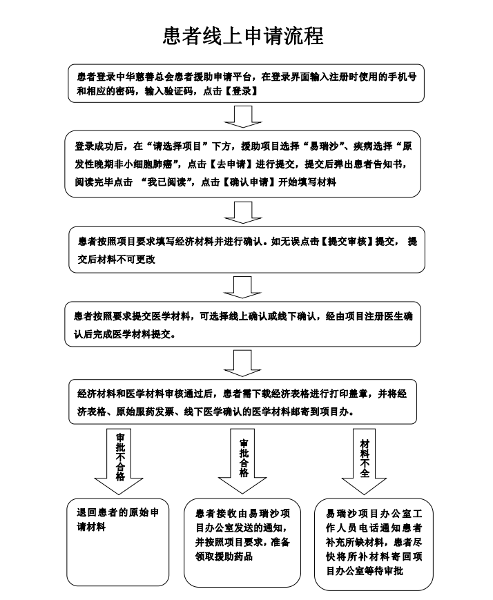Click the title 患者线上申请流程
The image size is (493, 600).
(243, 37)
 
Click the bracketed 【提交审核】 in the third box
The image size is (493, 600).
(347, 242)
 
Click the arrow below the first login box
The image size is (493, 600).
(243, 117)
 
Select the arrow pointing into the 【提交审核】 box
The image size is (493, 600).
(243, 213)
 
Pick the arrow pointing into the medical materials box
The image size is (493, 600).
(242, 287)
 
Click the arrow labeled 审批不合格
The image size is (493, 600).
(119, 461)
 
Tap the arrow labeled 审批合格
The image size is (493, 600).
(242, 461)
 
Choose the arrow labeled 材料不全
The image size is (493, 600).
(364, 461)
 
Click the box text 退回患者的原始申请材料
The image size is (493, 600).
(118, 520)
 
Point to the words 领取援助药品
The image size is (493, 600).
(224, 557)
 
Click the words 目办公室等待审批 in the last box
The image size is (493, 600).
(365, 571)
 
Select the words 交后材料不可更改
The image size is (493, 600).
(117, 260)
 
